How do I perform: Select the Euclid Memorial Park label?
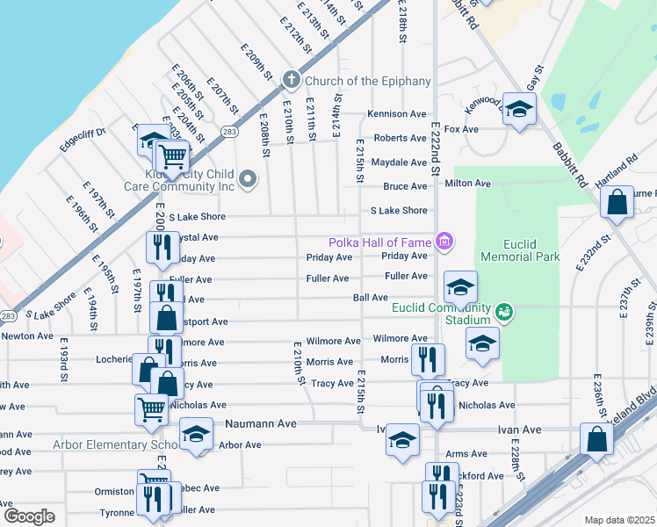point(520,250)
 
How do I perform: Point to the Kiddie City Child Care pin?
point(249,180)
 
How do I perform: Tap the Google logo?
point(29,516)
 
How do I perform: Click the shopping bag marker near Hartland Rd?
point(617,201)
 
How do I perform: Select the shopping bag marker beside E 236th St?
point(596,438)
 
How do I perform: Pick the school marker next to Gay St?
point(519,110)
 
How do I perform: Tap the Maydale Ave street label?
point(399,162)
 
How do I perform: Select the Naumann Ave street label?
point(258,423)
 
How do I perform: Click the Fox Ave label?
point(461,129)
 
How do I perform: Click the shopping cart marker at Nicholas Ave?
point(151,408)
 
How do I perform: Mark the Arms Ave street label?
point(466,454)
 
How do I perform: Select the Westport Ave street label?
point(200,321)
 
